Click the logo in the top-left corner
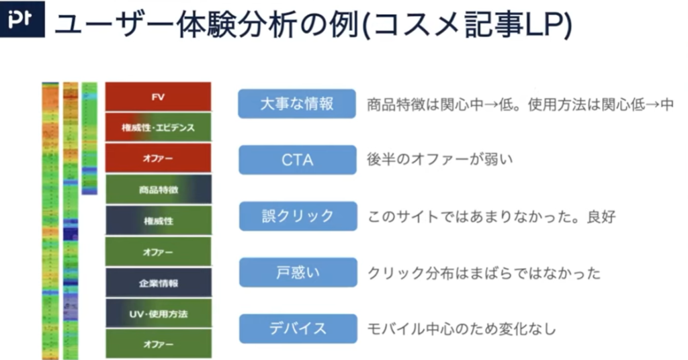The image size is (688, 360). (x=22, y=19)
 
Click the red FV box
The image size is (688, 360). (x=158, y=97)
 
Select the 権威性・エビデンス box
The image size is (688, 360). (x=158, y=128)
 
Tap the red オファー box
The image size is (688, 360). (x=158, y=159)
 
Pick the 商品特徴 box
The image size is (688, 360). (x=158, y=189)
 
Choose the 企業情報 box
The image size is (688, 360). (x=158, y=283)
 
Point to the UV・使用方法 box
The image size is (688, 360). (x=158, y=314)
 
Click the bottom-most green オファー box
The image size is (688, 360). (x=158, y=344)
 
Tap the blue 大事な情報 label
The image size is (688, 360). (x=297, y=104)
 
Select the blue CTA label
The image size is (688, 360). (x=297, y=160)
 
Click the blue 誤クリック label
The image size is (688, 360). (x=298, y=216)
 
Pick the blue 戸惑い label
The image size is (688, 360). (x=298, y=272)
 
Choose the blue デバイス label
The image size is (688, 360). (x=298, y=328)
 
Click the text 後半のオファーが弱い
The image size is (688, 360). (x=439, y=160)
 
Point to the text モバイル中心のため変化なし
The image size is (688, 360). (x=461, y=329)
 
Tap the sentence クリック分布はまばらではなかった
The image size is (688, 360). (x=484, y=273)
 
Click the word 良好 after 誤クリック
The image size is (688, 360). (x=601, y=217)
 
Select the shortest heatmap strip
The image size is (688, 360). (x=89, y=138)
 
